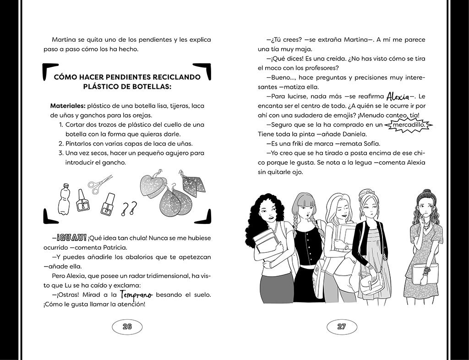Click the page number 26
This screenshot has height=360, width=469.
tap(127, 327)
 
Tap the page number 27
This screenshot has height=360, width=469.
tap(341, 327)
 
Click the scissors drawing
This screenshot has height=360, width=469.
tap(100, 183)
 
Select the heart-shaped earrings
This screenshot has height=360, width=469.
tap(153, 185)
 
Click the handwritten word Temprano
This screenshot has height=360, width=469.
tap(136, 295)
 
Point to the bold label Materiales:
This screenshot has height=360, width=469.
tap(68, 106)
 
